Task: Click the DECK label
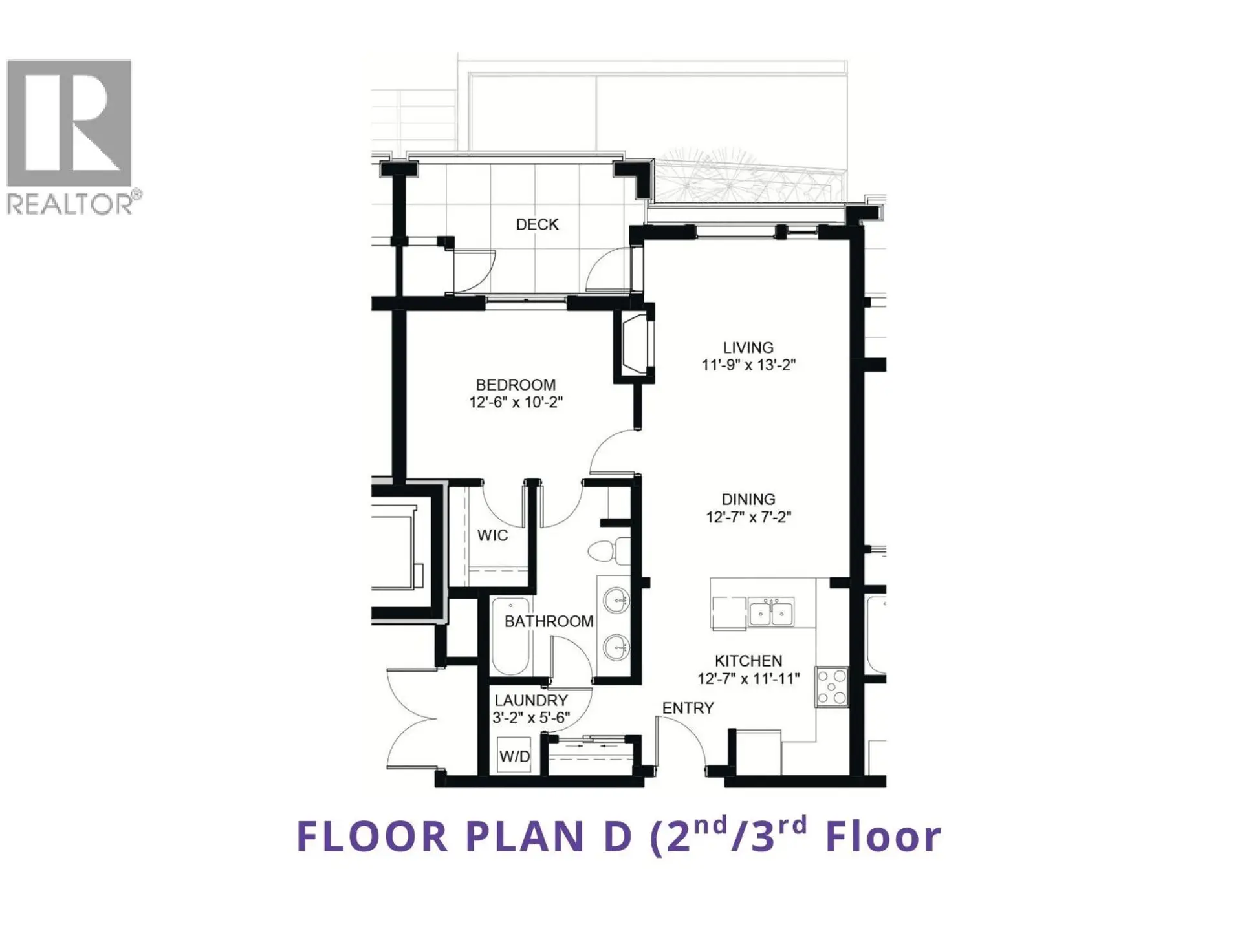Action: tap(537, 224)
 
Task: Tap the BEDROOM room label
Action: tap(516, 385)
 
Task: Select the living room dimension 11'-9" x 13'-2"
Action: tap(748, 365)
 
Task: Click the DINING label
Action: tap(748, 499)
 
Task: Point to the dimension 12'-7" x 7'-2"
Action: tap(748, 517)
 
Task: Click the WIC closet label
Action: tap(492, 535)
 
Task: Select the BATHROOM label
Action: tap(549, 621)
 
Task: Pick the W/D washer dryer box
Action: tap(514, 756)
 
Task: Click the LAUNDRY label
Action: tap(530, 700)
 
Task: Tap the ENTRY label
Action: tap(688, 708)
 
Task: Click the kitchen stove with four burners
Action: tap(831, 687)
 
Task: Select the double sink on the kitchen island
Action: tap(770, 612)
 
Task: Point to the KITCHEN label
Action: tap(748, 661)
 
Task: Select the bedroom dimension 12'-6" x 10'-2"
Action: tap(516, 402)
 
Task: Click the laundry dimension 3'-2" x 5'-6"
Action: tap(530, 718)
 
